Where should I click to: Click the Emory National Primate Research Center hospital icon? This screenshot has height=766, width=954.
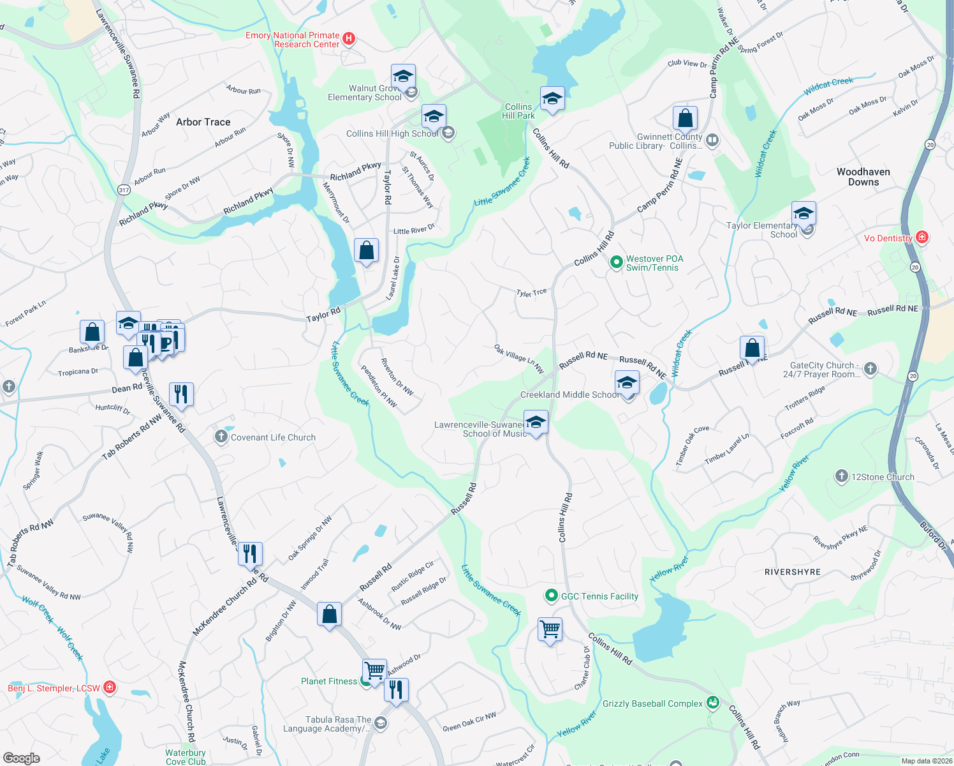[x=349, y=39]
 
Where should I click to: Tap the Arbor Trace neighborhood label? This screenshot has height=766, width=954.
[x=203, y=122]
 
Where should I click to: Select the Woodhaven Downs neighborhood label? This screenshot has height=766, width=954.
[x=863, y=177]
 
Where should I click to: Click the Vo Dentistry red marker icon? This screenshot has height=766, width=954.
[x=921, y=237]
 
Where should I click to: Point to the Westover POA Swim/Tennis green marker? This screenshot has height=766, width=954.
[x=616, y=262]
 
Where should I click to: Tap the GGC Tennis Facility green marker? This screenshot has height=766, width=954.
[x=551, y=596]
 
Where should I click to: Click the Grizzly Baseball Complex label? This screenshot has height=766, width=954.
[x=652, y=703]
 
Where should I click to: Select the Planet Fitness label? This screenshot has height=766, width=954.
[x=329, y=681]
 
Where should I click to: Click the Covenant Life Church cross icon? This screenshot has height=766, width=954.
[x=221, y=437]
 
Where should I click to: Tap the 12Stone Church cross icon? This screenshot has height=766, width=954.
[x=841, y=476]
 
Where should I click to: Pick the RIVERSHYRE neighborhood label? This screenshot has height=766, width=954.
[x=792, y=572]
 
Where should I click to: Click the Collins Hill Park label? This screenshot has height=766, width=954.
[x=518, y=111]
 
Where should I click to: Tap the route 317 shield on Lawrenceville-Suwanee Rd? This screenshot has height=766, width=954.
[x=124, y=190]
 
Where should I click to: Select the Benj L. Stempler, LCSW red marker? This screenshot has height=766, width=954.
[x=110, y=687]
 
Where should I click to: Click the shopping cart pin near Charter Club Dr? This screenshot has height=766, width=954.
[x=550, y=629]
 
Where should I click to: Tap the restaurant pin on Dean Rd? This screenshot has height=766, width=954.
[x=181, y=394]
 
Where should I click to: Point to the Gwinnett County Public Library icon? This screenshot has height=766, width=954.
[x=712, y=140]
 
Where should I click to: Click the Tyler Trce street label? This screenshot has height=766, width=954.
[x=531, y=293]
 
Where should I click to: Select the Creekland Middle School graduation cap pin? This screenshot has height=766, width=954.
[x=627, y=383]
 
